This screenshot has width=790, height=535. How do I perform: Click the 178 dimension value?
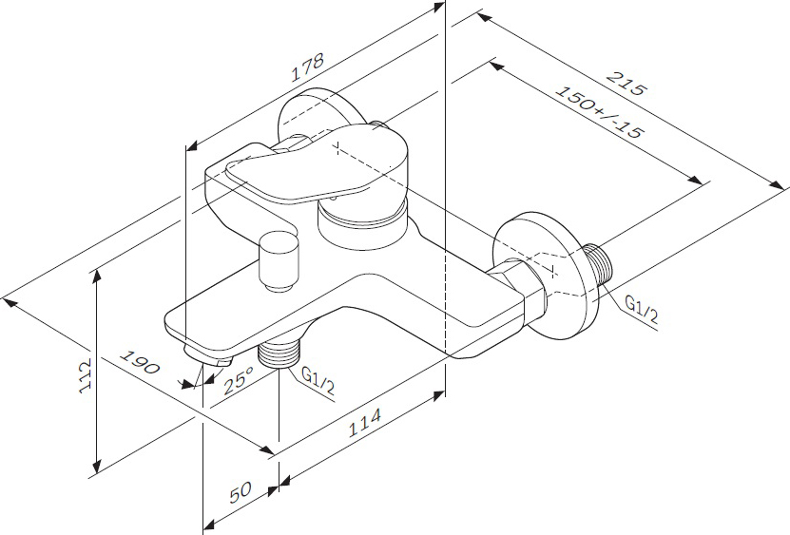tap(307, 67)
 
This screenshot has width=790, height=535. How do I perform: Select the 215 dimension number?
tap(626, 84)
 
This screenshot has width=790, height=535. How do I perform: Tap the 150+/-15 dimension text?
tap(600, 112)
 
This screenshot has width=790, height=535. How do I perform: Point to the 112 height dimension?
tap(86, 375)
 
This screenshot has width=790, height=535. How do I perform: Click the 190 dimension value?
tap(140, 363)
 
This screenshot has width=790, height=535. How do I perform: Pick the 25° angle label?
tap(239, 379)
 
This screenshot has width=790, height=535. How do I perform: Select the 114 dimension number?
tap(365, 423)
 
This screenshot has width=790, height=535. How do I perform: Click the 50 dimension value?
tap(241, 491)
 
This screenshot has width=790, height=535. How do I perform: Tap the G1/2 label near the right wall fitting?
tap(641, 309)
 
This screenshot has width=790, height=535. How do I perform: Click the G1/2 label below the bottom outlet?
tap(318, 380)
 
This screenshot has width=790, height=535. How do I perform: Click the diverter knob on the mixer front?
tap(279, 261)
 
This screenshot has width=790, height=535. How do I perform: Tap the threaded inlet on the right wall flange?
tap(598, 266)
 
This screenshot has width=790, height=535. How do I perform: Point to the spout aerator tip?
tap(208, 355)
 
